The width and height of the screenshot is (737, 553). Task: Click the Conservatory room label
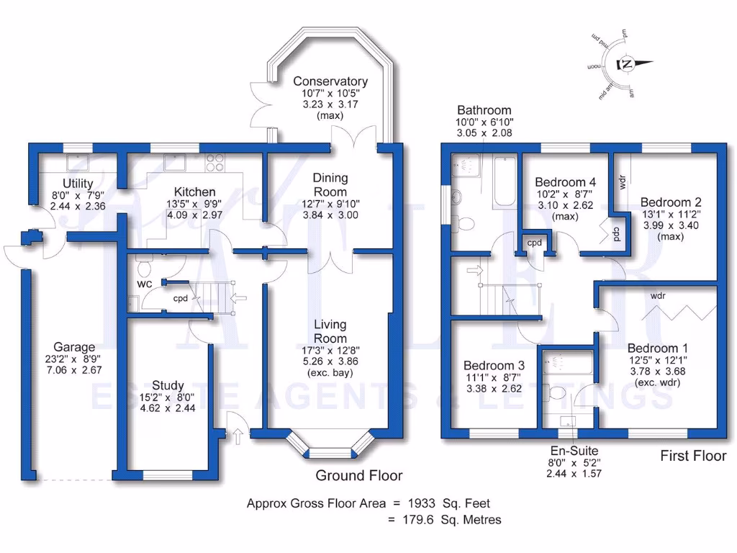tap(330, 81)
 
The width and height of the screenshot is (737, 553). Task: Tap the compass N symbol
tap(628, 64)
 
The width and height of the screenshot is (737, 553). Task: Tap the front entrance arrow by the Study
tap(238, 433)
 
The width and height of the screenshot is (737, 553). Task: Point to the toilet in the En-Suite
tap(556, 393)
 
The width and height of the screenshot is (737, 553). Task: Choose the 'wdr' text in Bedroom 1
tap(657, 296)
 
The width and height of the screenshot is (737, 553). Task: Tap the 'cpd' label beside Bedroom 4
tap(534, 243)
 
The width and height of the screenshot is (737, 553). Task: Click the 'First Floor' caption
tap(693, 456)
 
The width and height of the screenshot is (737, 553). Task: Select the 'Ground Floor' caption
tap(359, 475)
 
